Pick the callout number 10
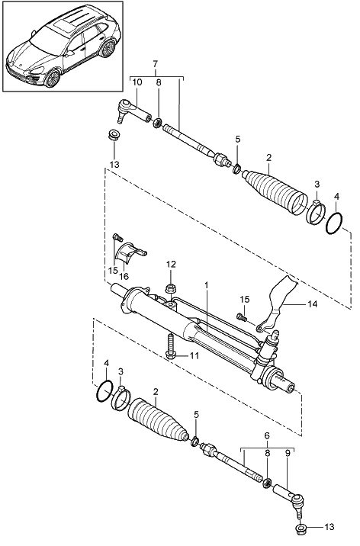(x=137, y=82)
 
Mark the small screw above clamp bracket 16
(x=117, y=237)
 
